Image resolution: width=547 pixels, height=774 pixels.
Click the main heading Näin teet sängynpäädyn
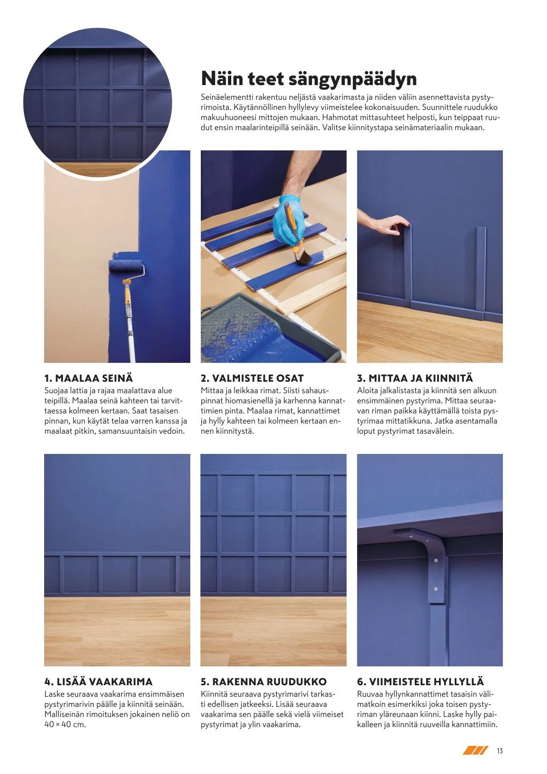click(x=309, y=79)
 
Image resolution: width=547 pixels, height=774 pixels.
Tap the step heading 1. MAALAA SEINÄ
click(x=88, y=378)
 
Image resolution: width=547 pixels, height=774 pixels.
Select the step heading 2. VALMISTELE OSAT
click(x=252, y=378)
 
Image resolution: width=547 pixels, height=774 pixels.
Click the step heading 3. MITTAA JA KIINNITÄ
click(x=415, y=378)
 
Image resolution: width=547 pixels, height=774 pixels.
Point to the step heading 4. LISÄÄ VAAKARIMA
click(x=98, y=682)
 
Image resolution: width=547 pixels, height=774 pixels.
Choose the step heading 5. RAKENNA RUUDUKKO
click(x=263, y=682)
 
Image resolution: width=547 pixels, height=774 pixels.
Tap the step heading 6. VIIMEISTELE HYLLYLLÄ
click(x=420, y=682)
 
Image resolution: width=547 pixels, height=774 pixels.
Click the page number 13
click(x=500, y=751)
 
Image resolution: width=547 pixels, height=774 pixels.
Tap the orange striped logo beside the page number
click(x=475, y=751)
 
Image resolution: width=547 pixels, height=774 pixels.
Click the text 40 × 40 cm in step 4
click(x=65, y=725)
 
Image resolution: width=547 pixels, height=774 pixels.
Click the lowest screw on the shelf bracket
click(x=435, y=589)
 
